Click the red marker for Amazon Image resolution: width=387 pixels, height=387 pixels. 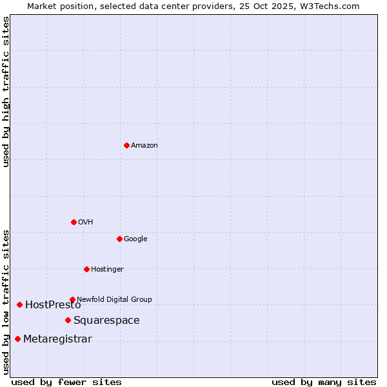click(126, 145)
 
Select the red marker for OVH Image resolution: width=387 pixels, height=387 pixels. click(74, 222)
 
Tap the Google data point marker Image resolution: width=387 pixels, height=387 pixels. click(119, 239)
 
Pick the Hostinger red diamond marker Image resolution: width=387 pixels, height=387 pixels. click(86, 269)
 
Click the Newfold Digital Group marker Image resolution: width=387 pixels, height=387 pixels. click(72, 299)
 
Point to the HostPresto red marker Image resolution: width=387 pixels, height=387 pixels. click(19, 304)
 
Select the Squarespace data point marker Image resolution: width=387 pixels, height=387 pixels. click(68, 320)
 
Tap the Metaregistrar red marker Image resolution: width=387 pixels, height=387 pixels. click(17, 339)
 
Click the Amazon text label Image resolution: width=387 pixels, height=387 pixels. click(144, 145)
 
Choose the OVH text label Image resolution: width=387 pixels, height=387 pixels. click(86, 222)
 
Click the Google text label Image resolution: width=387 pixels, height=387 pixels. click(135, 239)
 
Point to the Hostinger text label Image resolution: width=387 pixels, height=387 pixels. click(107, 269)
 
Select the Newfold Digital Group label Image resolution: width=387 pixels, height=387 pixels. click(115, 299)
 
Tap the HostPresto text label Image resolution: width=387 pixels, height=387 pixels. click(53, 304)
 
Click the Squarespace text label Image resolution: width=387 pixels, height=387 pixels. click(106, 320)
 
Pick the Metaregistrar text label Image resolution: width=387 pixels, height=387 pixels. click(57, 339)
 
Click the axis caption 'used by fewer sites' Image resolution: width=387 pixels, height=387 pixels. click(66, 382)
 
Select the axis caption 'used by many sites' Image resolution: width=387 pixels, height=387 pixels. click(324, 382)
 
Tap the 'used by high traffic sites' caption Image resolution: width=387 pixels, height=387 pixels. click(6, 92)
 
